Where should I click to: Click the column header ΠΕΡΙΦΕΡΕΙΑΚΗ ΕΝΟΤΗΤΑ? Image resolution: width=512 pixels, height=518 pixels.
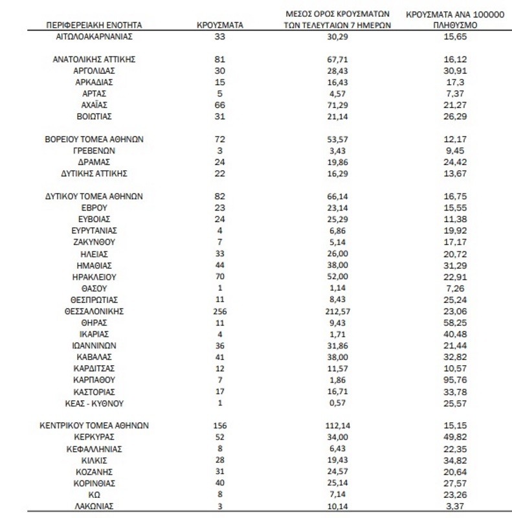[94, 25]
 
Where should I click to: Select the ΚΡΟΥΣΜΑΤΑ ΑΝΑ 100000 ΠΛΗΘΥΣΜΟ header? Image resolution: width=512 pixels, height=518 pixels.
[452, 19]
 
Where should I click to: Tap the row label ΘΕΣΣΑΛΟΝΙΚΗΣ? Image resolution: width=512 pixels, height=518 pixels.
[94, 311]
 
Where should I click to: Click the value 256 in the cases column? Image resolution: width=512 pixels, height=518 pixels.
[220, 311]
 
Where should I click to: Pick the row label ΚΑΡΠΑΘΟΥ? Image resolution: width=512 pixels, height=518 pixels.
[94, 380]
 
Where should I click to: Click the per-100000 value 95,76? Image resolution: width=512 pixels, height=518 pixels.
[452, 380]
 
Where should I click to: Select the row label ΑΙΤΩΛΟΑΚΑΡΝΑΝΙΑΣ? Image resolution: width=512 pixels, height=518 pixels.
[94, 38]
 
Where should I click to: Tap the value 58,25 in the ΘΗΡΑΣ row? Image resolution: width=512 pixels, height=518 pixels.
[452, 322]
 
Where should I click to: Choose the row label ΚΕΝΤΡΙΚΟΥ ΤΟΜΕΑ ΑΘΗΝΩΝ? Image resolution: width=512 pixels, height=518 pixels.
[94, 425]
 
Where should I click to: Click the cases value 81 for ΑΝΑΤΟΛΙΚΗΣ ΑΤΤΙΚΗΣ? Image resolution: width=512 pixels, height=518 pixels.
[219, 59]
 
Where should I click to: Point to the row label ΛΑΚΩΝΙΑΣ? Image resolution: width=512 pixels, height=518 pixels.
[94, 506]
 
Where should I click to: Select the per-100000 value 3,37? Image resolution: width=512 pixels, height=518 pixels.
[452, 506]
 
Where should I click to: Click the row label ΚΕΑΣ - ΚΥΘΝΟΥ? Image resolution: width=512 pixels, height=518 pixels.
[94, 403]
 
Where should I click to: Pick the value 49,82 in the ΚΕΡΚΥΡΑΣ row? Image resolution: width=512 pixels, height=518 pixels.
[452, 437]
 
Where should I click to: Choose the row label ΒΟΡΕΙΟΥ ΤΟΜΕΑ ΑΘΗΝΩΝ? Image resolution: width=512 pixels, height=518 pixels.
[94, 139]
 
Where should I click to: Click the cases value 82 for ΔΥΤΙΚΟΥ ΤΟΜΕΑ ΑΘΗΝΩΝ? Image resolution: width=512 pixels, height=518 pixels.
[219, 196]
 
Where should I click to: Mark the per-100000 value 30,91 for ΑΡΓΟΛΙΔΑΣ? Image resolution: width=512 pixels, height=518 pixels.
[452, 71]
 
